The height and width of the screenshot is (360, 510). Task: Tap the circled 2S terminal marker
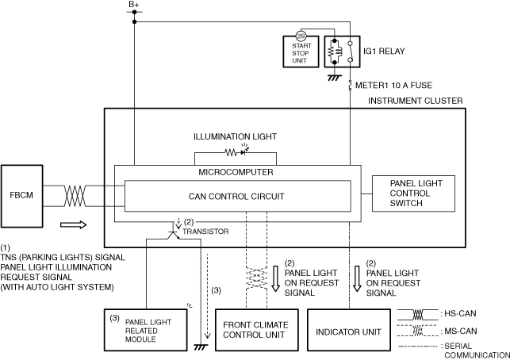tap(301, 36)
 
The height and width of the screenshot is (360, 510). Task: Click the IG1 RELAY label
tap(384, 52)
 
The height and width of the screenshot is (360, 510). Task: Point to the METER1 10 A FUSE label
tap(393, 86)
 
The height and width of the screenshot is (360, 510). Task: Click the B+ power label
tap(134, 5)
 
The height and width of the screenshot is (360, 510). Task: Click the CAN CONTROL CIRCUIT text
tap(236, 197)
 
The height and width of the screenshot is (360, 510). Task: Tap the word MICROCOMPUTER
tap(236, 172)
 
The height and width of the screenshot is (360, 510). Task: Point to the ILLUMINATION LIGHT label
tap(235, 136)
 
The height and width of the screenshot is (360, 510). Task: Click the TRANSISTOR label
tap(205, 232)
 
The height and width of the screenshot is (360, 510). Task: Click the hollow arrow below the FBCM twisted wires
tap(74, 224)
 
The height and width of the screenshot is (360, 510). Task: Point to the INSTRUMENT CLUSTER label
tap(416, 101)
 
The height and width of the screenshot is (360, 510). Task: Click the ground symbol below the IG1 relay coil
tap(335, 78)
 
